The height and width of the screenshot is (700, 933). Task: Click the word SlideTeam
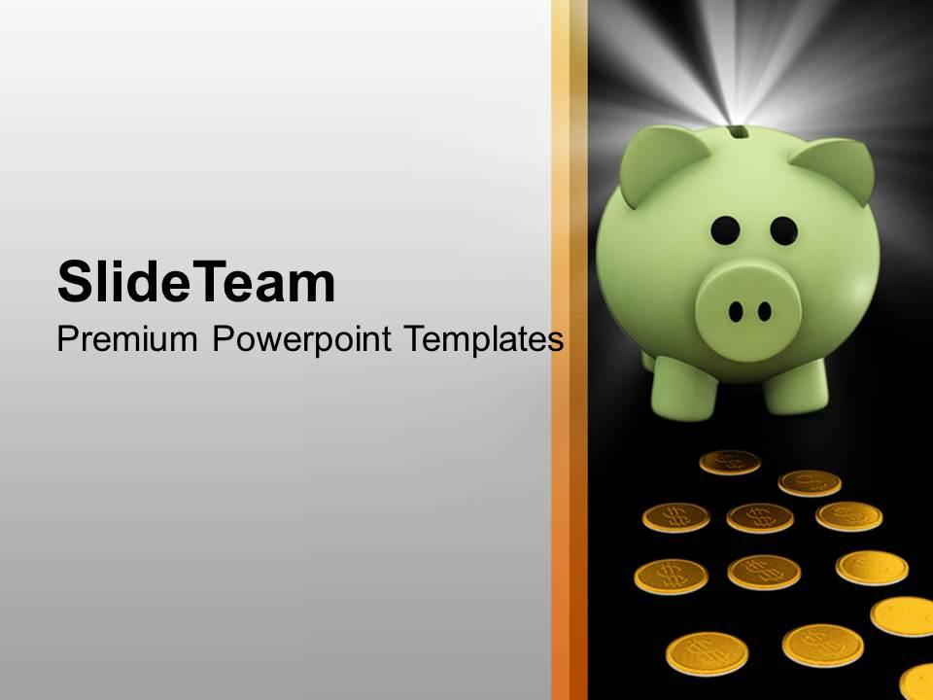196,283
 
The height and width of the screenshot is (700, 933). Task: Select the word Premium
127,339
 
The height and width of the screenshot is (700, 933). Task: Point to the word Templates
483,339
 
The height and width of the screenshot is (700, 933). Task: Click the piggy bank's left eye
724,230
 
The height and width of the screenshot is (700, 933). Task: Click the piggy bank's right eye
783,230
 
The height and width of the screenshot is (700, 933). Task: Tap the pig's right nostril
765,311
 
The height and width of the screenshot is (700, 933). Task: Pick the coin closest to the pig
729,462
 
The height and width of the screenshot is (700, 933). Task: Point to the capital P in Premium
67,339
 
